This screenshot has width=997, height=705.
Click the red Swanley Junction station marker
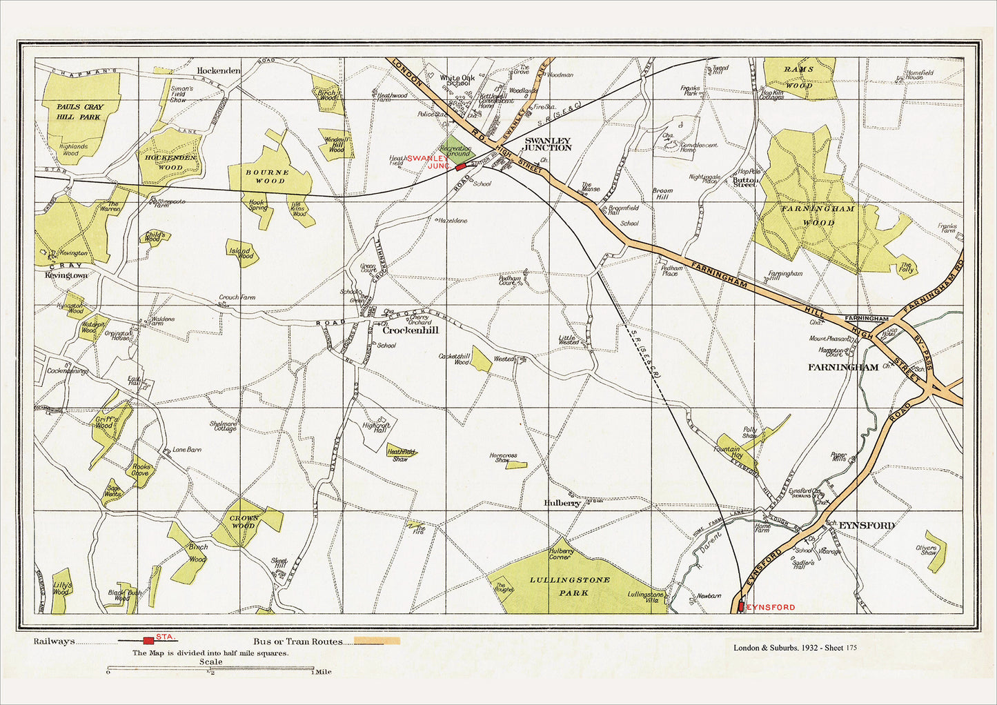460,167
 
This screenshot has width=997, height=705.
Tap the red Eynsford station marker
740,606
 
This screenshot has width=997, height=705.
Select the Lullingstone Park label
570,586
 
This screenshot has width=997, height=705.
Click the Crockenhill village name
410,330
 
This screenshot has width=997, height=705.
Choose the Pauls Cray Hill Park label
79,112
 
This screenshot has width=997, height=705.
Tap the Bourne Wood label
270,176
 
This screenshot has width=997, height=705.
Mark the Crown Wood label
244,522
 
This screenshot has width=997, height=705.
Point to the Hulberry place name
562,504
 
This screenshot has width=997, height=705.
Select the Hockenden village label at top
219,70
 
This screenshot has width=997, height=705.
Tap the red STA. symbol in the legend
148,641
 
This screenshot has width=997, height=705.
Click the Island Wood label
241,252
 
